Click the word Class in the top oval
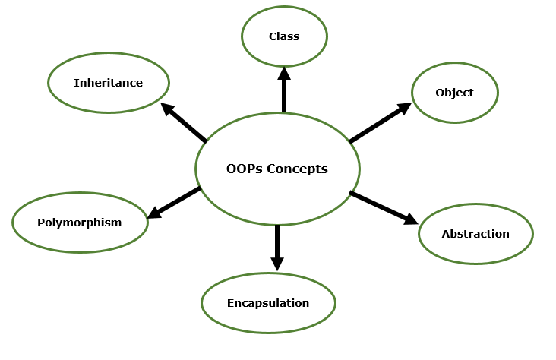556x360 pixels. [284, 36]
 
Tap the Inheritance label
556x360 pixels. [108, 83]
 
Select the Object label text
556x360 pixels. [454, 93]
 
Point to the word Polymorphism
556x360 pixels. [80, 223]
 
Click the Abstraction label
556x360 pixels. [475, 234]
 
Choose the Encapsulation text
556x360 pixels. [268, 303]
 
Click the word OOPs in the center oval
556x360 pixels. [244, 169]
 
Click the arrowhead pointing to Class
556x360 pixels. [284, 73]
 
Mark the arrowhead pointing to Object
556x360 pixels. [404, 108]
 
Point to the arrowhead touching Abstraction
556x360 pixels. [410, 219]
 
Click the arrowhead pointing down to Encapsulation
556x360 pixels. [277, 263]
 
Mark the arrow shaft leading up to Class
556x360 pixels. [284, 96]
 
